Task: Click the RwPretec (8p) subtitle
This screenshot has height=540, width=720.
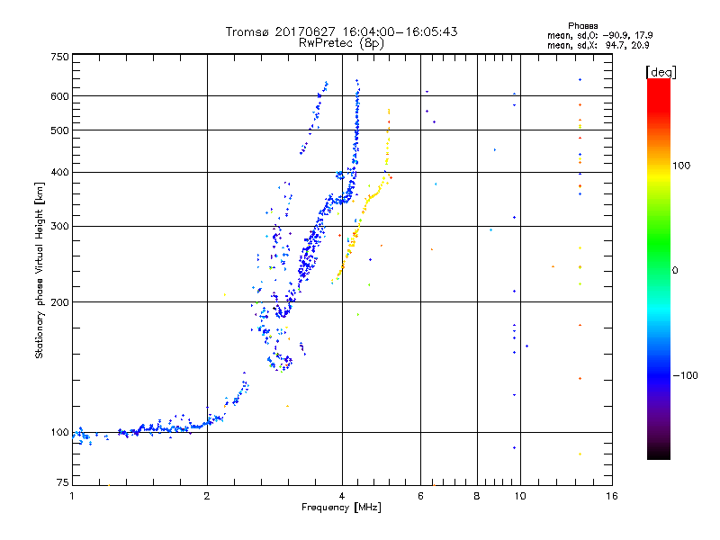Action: point(342,42)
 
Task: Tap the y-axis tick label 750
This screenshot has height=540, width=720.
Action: point(59,56)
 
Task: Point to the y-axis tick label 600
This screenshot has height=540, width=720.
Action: point(59,95)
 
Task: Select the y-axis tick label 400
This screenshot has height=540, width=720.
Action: point(59,172)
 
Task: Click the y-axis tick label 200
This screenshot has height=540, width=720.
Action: point(59,301)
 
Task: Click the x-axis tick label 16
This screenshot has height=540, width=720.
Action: point(611,496)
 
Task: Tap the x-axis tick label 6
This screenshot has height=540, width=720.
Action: point(420,496)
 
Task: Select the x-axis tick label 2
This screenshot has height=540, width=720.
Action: point(207,496)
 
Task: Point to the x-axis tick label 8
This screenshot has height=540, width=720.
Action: point(477,496)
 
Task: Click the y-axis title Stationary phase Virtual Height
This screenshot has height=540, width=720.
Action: point(40,270)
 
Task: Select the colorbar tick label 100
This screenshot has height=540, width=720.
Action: point(687,166)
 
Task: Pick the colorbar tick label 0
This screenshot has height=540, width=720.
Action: point(681,270)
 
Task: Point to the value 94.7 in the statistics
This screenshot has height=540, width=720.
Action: point(613,44)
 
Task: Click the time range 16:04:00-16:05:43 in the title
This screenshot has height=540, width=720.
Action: point(401,31)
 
